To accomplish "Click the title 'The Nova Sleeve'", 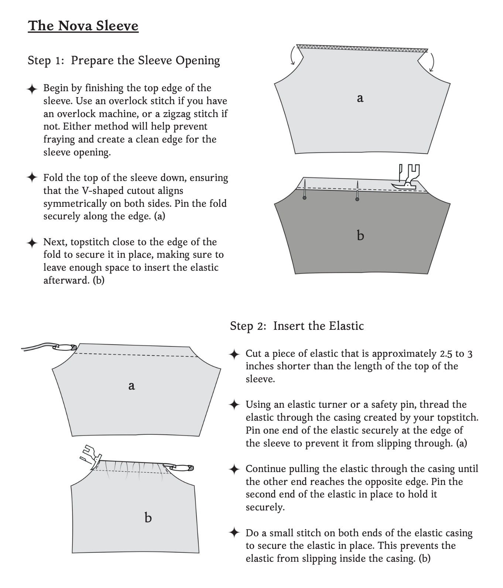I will (x=83, y=26).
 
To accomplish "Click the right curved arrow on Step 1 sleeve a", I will (x=431, y=61).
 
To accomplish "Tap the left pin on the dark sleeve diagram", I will (x=304, y=189).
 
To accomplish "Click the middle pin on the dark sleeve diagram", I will (x=357, y=191).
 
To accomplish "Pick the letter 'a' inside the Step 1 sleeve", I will (x=360, y=98).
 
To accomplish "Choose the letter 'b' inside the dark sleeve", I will (x=360, y=235).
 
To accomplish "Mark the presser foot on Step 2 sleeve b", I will (x=89, y=455).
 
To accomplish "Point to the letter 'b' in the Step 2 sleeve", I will (x=148, y=517).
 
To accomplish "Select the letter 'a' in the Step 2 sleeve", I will (x=131, y=386).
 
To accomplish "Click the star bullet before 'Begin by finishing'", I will (x=32, y=89).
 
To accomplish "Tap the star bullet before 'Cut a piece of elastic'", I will (x=234, y=354).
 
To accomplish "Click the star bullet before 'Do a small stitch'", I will (x=234, y=533).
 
